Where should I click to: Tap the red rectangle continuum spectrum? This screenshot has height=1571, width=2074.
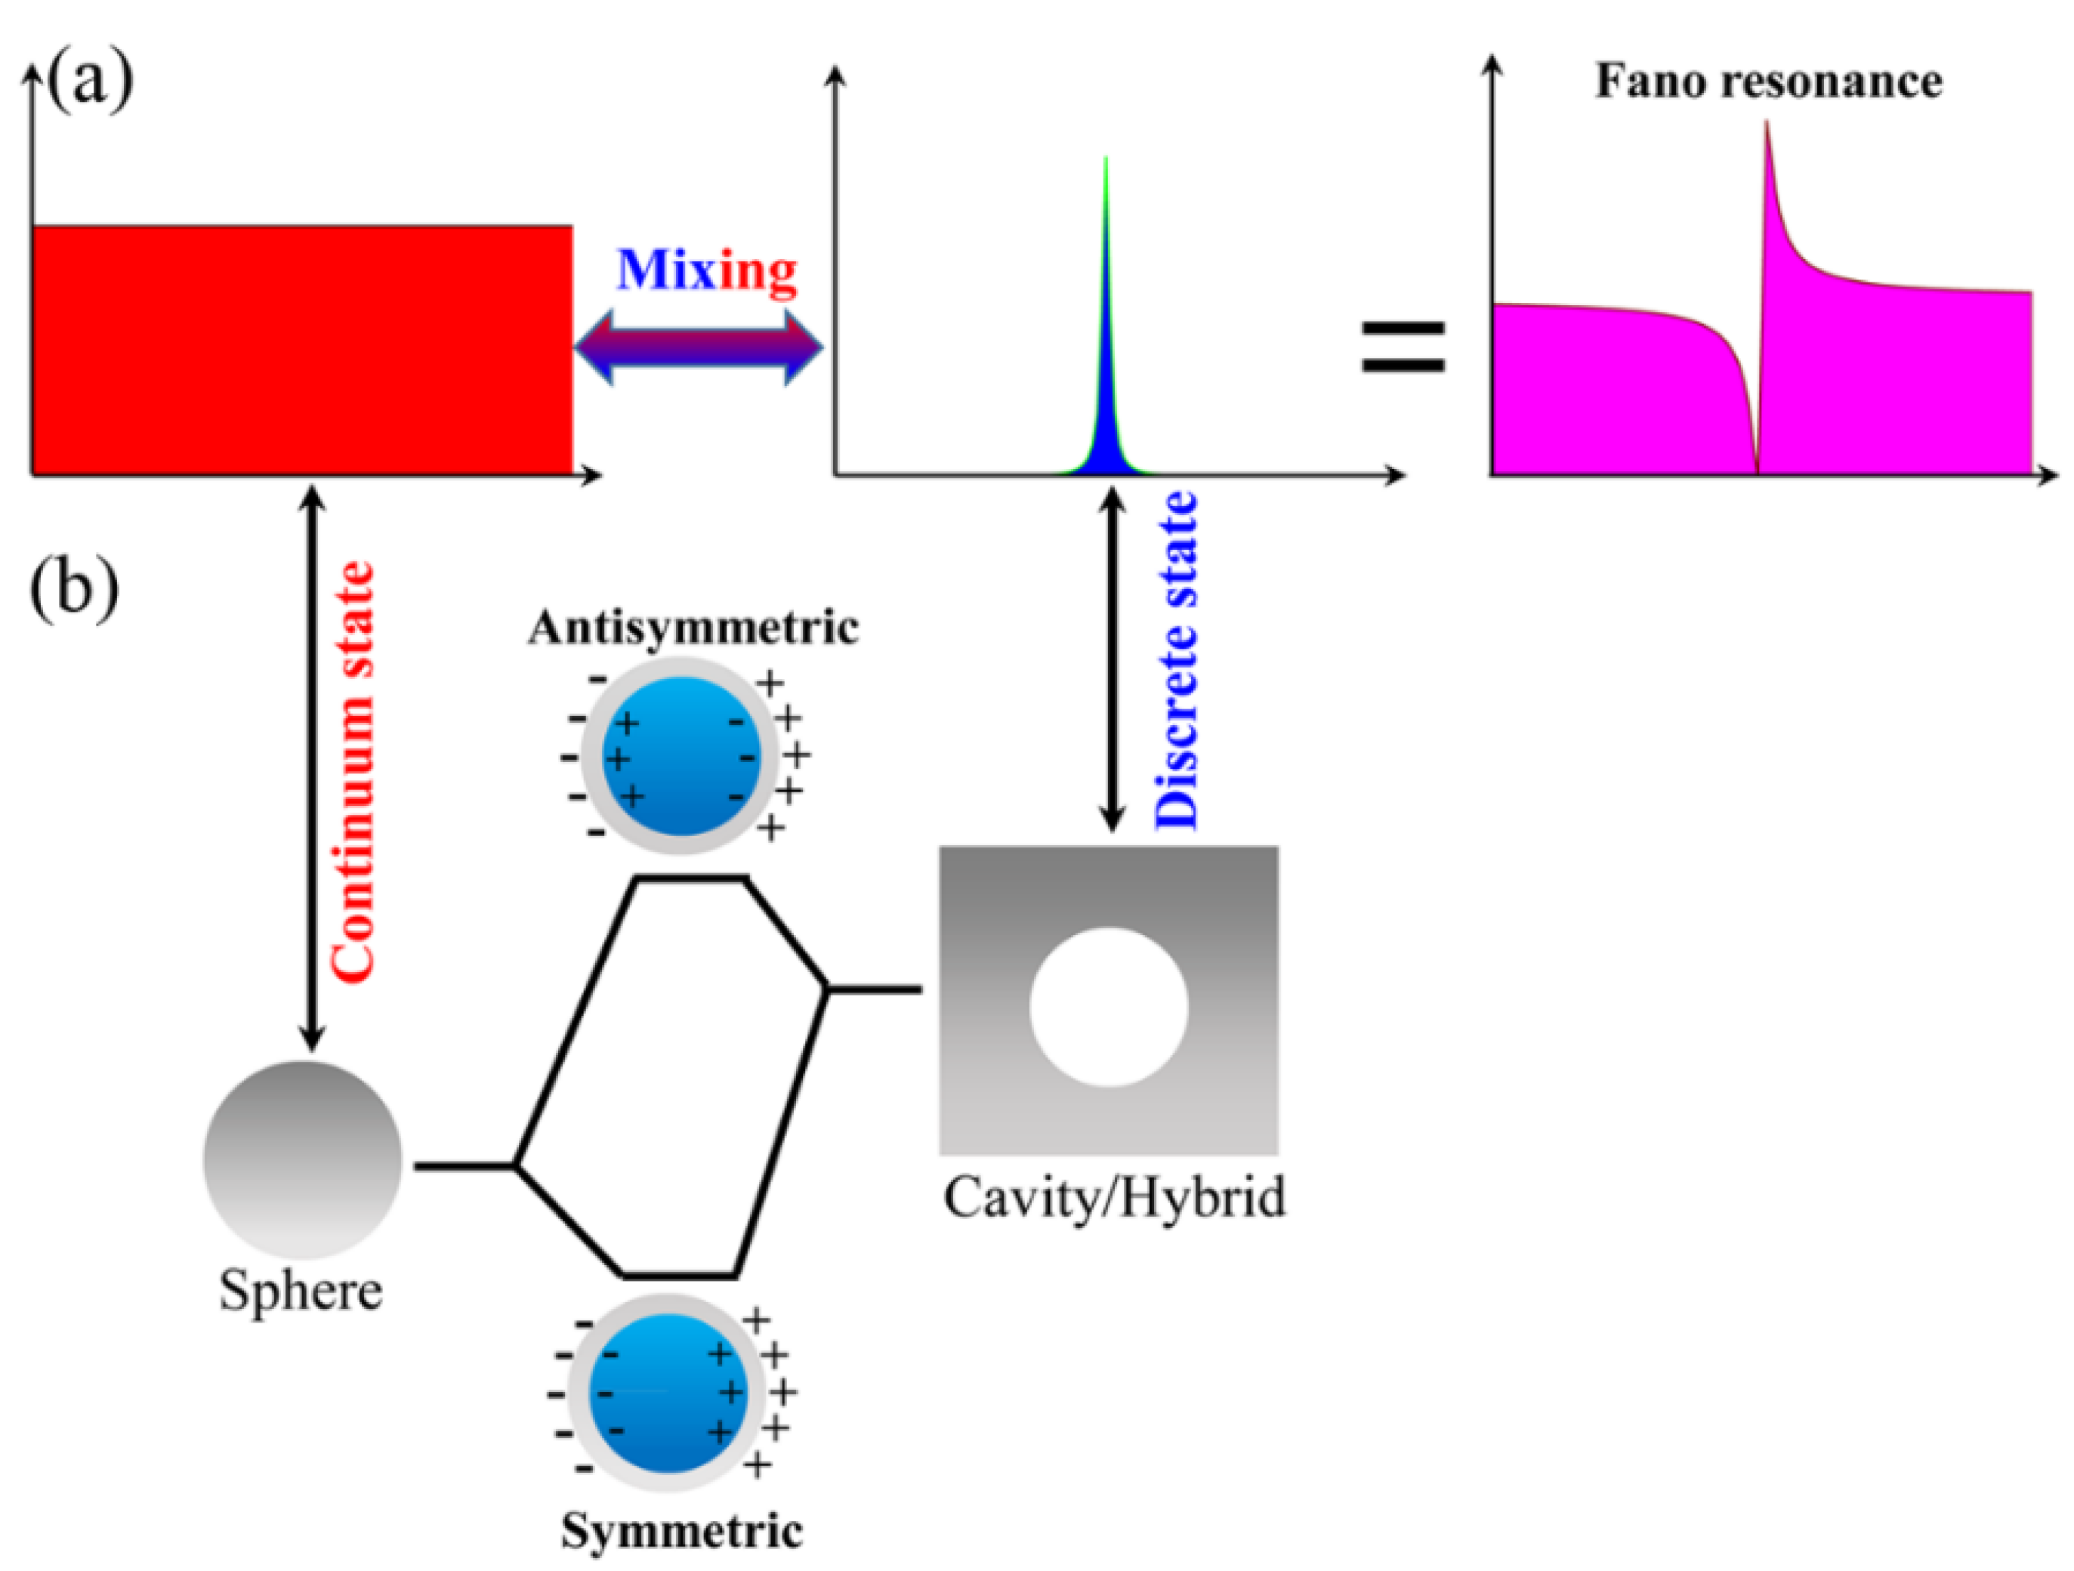pyautogui.click(x=302, y=349)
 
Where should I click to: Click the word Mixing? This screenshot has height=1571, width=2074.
pyautogui.click(x=706, y=271)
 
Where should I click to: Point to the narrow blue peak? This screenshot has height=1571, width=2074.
pyautogui.click(x=1106, y=394)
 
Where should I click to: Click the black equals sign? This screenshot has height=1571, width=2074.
pyautogui.click(x=1403, y=347)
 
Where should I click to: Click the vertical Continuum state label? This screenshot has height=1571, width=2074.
pyautogui.click(x=354, y=770)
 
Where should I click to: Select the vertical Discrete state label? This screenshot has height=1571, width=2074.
pyautogui.click(x=1176, y=660)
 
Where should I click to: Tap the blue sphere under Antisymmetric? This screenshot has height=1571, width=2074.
pyautogui.click(x=681, y=755)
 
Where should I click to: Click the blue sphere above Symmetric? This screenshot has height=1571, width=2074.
pyautogui.click(x=668, y=1394)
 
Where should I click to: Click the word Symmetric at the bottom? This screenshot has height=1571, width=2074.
pyautogui.click(x=682, y=1532)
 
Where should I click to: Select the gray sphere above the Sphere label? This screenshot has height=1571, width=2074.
pyautogui.click(x=303, y=1159)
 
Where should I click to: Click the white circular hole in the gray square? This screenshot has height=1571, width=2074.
pyautogui.click(x=1108, y=1007)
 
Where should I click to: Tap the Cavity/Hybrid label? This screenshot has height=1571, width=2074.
pyautogui.click(x=1114, y=1198)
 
